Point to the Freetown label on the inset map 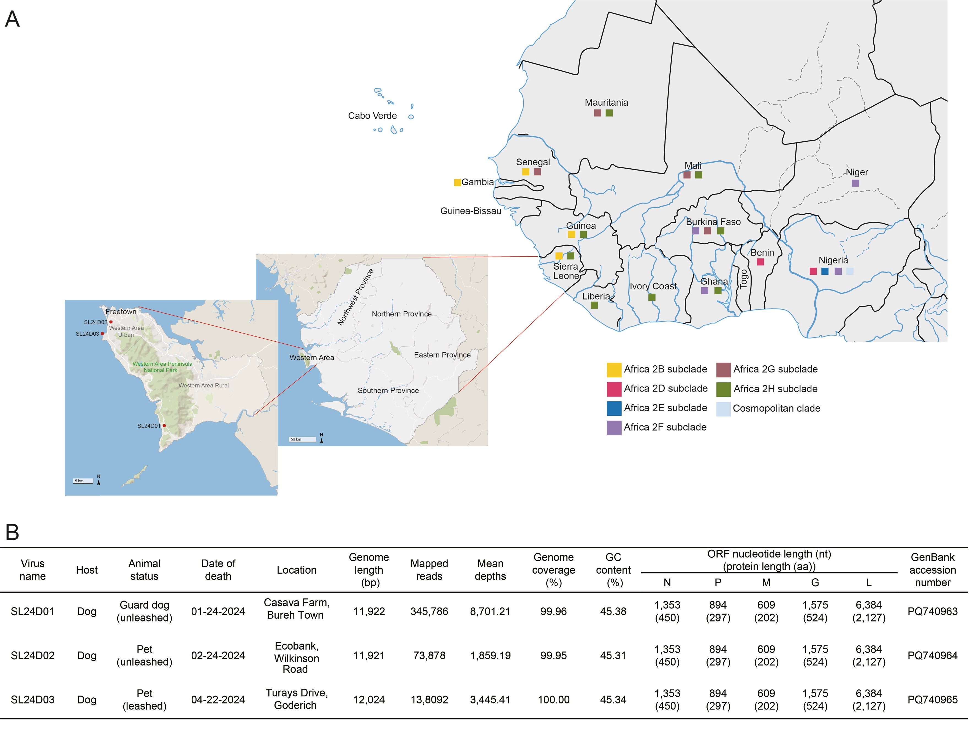(121, 312)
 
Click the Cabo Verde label (372, 116)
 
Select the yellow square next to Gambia (457, 182)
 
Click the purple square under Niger (855, 183)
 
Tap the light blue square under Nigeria (850, 271)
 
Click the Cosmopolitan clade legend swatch (724, 409)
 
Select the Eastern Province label (442, 355)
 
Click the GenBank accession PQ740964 (932, 656)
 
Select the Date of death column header (218, 570)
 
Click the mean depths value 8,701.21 (490, 611)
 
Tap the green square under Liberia (594, 305)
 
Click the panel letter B (12, 532)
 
